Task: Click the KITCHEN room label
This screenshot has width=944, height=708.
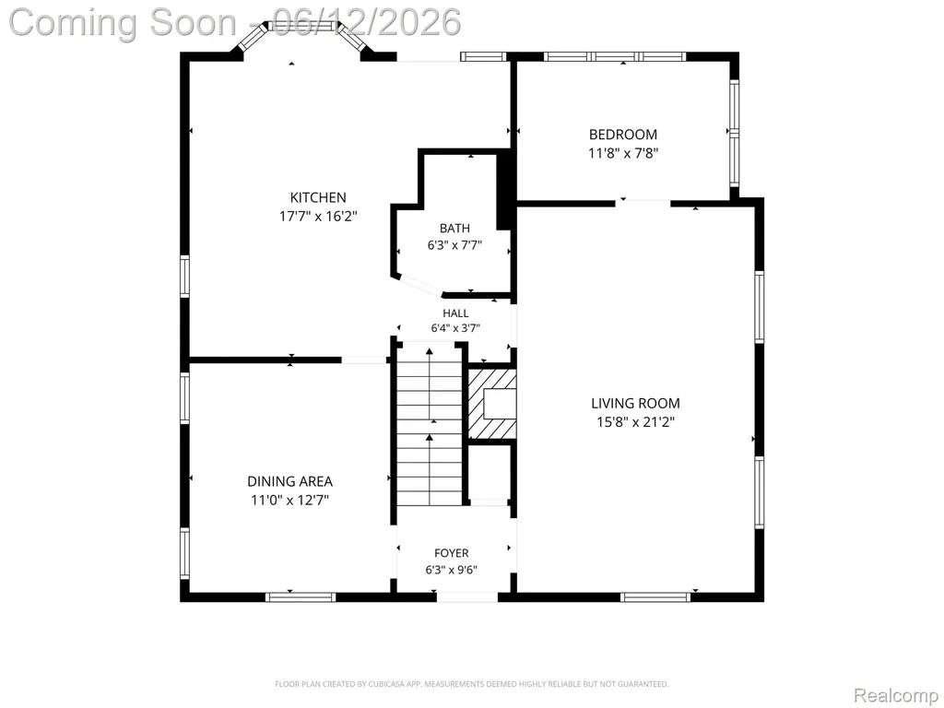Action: click(x=318, y=197)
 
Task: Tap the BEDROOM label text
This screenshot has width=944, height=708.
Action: click(x=622, y=135)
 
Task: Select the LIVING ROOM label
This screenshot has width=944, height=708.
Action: click(x=635, y=404)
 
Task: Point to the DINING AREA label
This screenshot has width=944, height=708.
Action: click(x=289, y=481)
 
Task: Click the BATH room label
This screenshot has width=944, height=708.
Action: click(x=454, y=229)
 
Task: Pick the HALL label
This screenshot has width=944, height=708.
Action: click(x=455, y=313)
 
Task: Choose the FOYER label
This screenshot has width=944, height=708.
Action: click(x=451, y=553)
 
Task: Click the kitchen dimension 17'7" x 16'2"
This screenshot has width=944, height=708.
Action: click(x=318, y=216)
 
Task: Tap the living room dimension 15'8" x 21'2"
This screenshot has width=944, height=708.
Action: click(x=635, y=422)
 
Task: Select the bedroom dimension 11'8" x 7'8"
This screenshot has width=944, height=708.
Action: click(x=622, y=153)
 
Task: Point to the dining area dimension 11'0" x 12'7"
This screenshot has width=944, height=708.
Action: click(x=289, y=500)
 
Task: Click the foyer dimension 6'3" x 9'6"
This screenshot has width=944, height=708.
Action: click(x=451, y=570)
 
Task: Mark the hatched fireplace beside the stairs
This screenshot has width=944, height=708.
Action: click(x=492, y=404)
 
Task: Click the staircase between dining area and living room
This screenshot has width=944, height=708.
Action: click(x=430, y=424)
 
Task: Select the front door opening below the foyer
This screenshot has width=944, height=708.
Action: click(x=467, y=596)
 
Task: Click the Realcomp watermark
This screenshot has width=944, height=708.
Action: click(x=895, y=695)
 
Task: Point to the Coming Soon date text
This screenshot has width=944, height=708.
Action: click(x=235, y=22)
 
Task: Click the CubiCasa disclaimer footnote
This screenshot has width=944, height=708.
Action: click(x=471, y=684)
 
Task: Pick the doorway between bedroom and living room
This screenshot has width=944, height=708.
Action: click(x=643, y=203)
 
